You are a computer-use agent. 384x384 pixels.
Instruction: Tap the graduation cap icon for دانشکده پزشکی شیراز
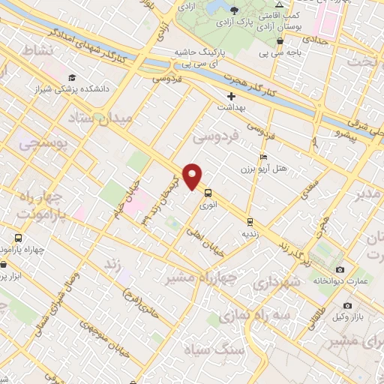coord(72,77)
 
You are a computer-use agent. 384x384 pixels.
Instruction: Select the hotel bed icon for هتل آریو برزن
coord(262,157)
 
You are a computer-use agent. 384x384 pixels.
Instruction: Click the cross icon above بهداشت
coord(232,97)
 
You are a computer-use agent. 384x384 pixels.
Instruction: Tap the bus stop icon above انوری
coord(207,191)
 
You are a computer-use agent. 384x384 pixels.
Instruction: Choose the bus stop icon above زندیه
coord(250,222)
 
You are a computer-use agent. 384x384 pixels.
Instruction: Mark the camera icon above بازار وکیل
coord(347,306)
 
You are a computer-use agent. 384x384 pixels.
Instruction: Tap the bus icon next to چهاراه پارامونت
coord(17,238)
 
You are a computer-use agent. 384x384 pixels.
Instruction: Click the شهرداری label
coord(276,283)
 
